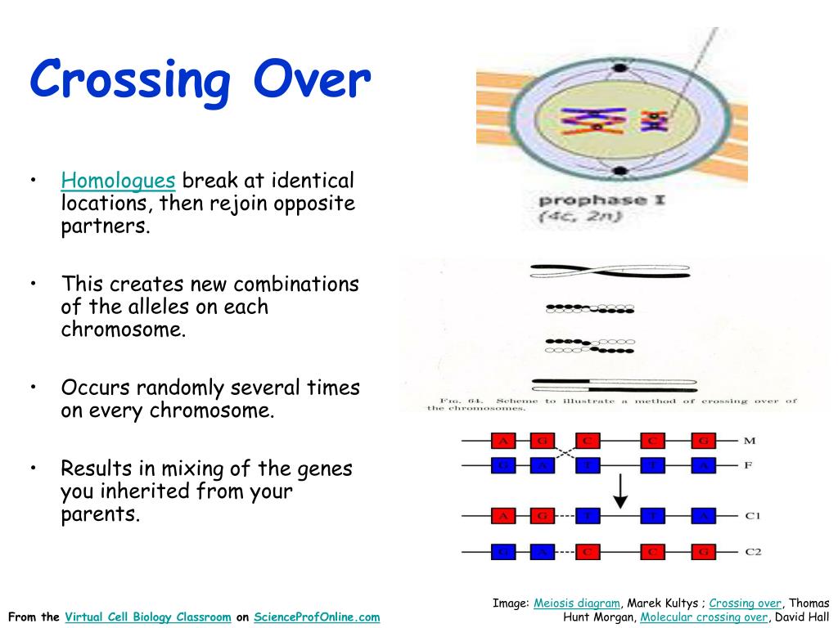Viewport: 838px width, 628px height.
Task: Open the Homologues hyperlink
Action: pos(118,180)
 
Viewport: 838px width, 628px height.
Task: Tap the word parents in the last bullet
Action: pos(99,515)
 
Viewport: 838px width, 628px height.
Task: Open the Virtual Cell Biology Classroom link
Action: pos(148,617)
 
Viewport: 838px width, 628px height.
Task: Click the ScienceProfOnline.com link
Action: pos(317,617)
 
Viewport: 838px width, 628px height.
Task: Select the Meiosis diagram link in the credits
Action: pos(577,603)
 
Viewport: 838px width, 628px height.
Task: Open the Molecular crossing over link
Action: pos(704,617)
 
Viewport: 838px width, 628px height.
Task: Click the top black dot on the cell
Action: pos(619,68)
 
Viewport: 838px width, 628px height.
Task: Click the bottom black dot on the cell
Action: pos(619,171)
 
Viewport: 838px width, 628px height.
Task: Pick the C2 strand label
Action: pos(753,552)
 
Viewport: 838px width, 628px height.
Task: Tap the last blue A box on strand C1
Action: pos(703,516)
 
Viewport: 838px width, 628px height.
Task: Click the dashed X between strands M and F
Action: pos(564,454)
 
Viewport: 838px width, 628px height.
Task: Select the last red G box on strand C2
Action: pos(703,552)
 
